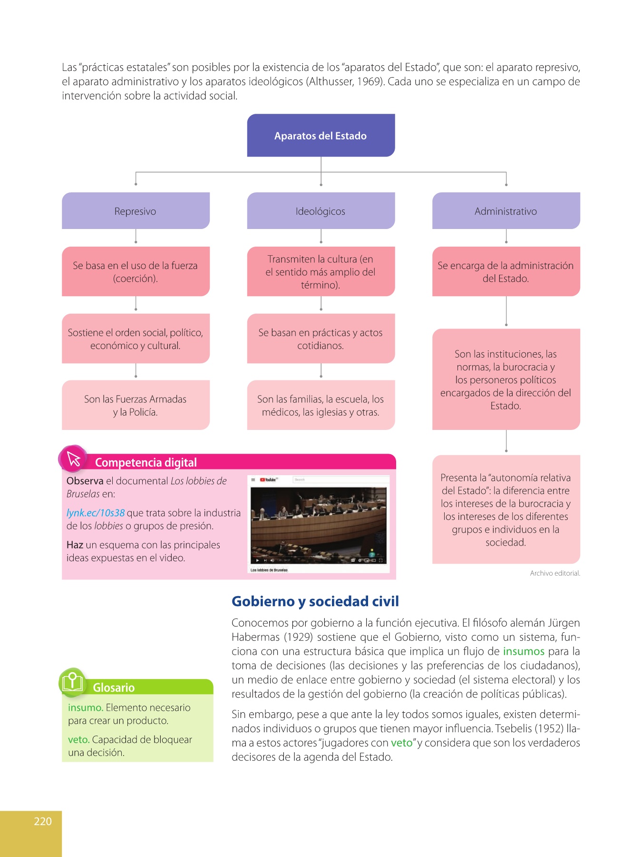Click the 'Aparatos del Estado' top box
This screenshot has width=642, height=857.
[x=321, y=136]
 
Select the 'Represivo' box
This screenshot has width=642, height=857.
[x=136, y=211]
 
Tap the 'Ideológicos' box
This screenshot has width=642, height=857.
[x=321, y=211]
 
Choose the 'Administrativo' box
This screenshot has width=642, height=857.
[x=506, y=211]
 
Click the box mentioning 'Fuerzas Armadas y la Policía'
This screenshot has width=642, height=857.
[x=136, y=405]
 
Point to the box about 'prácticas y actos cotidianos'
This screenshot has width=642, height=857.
[x=321, y=339]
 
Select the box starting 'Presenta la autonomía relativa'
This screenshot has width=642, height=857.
[x=506, y=509]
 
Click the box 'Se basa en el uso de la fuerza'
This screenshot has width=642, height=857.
[x=136, y=271]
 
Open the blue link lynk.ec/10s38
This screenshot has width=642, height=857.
[x=96, y=513]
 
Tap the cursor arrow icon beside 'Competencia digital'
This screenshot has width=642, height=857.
[x=74, y=459]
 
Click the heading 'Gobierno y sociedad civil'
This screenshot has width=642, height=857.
[x=315, y=601]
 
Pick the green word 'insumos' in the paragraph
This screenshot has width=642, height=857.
[x=524, y=651]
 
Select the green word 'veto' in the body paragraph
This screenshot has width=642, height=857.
[x=401, y=743]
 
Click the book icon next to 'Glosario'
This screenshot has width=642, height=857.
[x=72, y=682]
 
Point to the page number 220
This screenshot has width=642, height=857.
[x=43, y=821]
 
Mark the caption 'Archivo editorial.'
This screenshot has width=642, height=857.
[x=555, y=573]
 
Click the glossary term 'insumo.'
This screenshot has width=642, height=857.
[x=86, y=708]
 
